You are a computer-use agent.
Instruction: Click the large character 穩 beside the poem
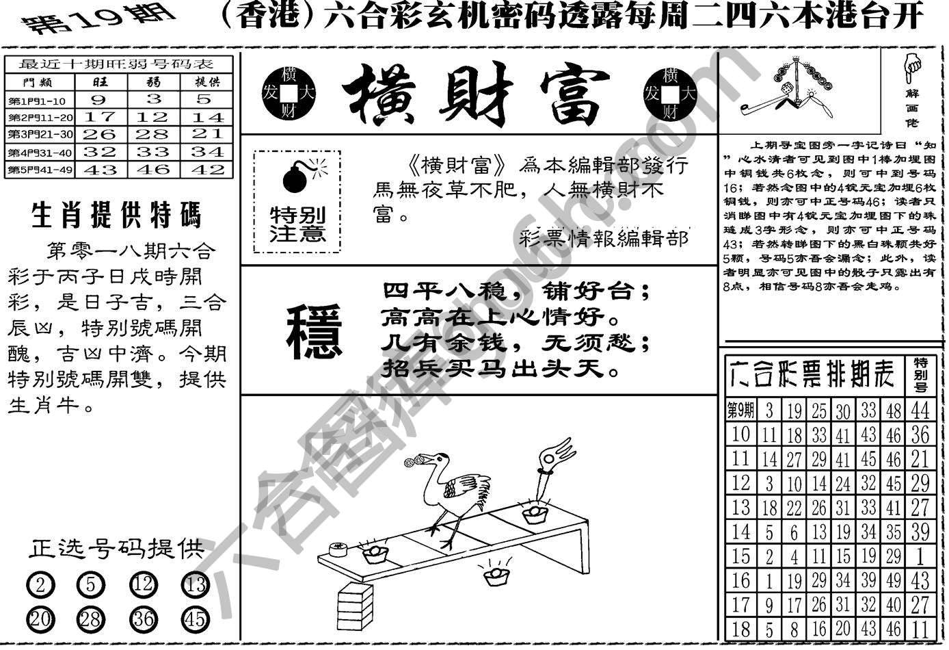coord(313,332)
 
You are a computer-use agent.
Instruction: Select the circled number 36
coord(144,619)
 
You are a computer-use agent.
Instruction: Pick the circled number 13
coord(195,586)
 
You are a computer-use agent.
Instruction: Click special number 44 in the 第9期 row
coord(920,410)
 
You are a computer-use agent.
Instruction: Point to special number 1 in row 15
coord(920,556)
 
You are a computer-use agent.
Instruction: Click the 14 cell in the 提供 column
coord(207,116)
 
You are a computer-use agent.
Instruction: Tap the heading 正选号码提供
coord(117,549)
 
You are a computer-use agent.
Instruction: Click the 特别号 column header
coord(921,375)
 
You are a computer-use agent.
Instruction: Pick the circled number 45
coord(195,619)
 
